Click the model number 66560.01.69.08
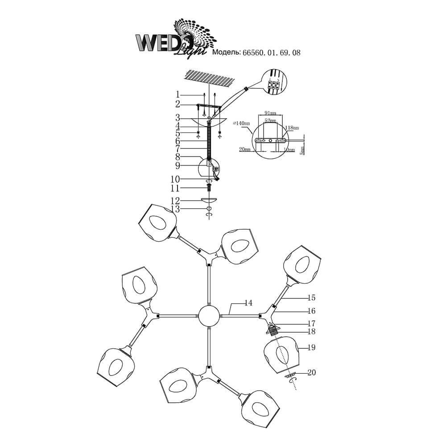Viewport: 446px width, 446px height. click(x=271, y=52)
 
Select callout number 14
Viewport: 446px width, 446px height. click(x=248, y=303)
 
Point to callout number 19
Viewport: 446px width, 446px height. click(x=311, y=347)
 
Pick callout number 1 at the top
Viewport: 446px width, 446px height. click(x=178, y=94)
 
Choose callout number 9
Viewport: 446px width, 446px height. click(x=178, y=166)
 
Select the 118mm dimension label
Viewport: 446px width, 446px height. click(x=292, y=127)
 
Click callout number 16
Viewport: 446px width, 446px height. click(x=311, y=311)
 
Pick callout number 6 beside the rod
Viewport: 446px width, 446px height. click(x=178, y=140)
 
